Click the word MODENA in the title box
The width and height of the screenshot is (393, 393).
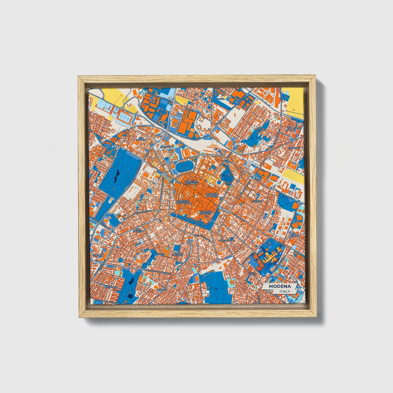(x=280, y=286)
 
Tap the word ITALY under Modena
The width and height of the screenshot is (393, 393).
(x=284, y=291)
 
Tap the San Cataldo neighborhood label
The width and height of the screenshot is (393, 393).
(x=141, y=139)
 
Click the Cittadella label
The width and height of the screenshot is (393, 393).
(x=167, y=147)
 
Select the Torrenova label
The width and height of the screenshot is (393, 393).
(x=295, y=128)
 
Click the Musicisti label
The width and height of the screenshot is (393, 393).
(x=257, y=201)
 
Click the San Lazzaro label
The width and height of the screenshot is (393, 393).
(x=294, y=234)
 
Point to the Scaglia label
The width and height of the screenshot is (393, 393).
(x=97, y=255)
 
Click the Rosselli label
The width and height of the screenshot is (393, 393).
(x=162, y=290)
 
